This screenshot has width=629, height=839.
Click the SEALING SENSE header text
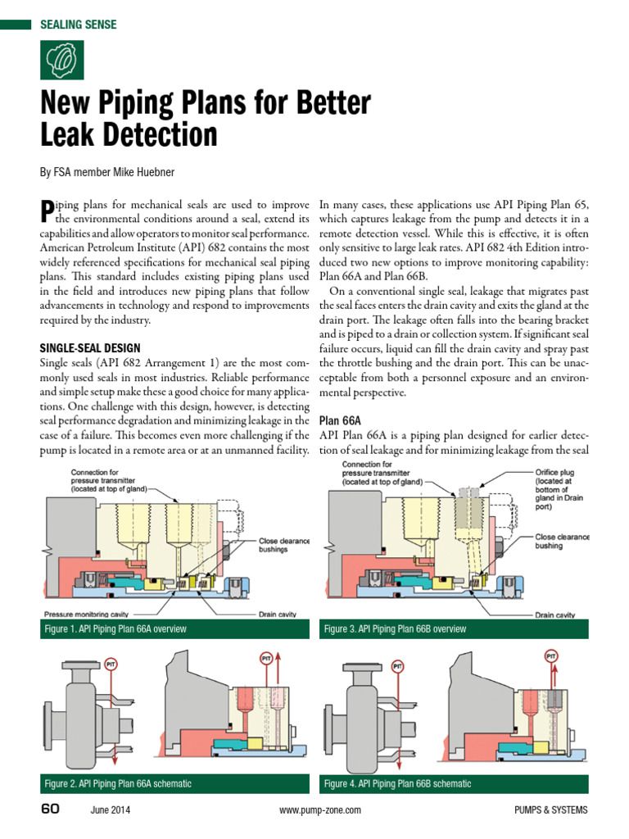pos(79,25)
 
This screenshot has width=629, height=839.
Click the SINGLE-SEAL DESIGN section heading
pos(90,348)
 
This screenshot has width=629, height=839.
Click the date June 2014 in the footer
pos(110,810)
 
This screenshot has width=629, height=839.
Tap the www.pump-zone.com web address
pos(319,810)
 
